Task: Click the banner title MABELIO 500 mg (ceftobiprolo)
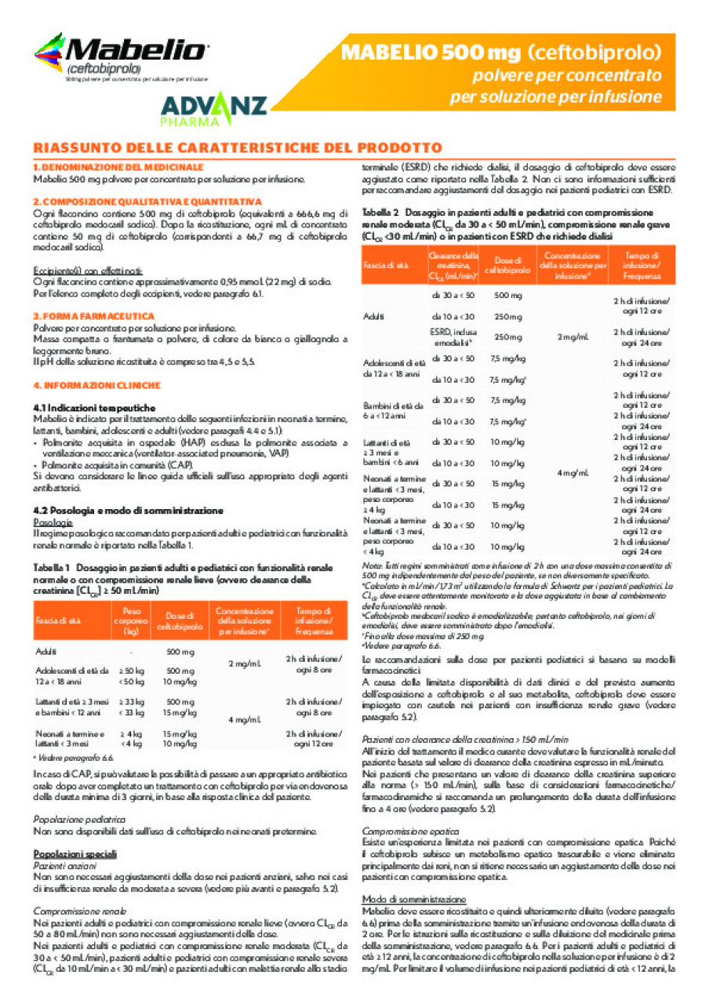click(x=501, y=54)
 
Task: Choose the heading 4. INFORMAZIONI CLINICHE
click(x=96, y=386)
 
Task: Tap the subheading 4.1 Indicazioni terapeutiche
click(x=94, y=409)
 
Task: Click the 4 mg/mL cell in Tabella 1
click(x=244, y=719)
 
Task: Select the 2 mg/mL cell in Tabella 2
click(x=573, y=337)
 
